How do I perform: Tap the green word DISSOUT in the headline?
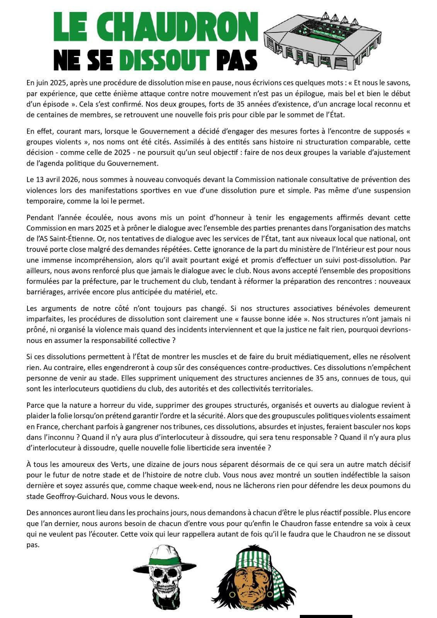tap(165, 60)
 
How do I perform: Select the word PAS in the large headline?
tap(236, 60)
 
